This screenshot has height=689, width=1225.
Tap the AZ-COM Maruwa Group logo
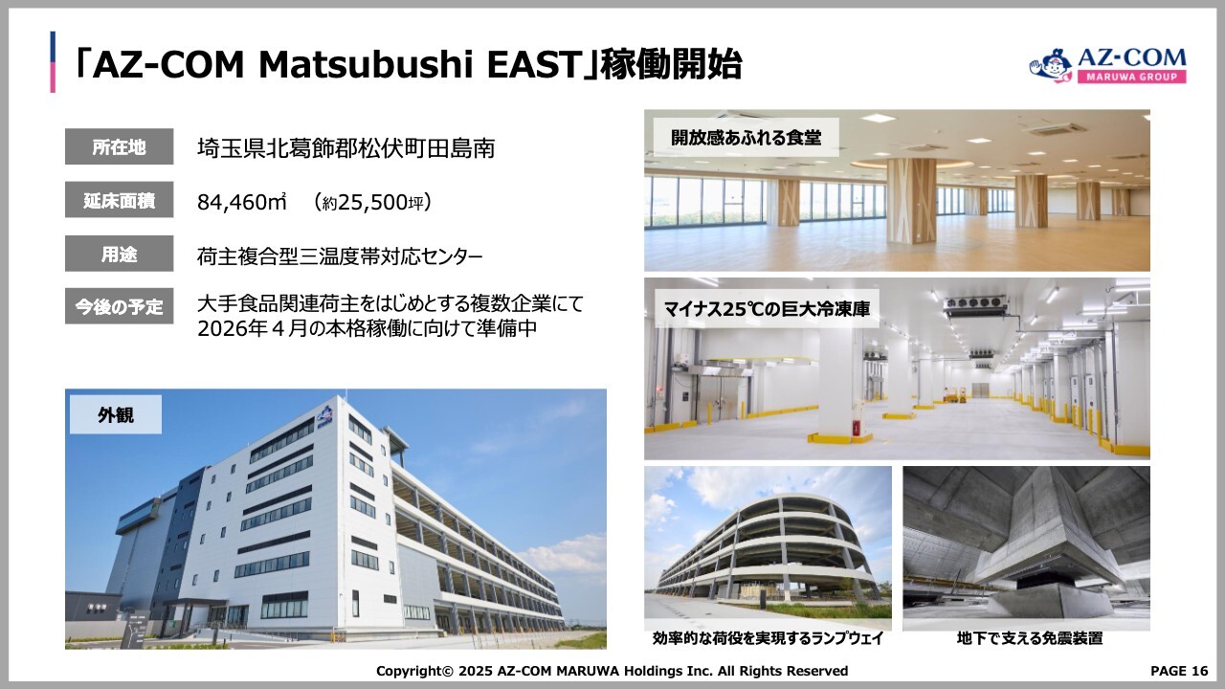pos(1107,66)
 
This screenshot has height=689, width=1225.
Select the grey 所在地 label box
pos(120,146)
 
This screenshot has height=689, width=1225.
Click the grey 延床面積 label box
pos(120,200)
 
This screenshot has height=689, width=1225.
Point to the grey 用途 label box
pos(120,254)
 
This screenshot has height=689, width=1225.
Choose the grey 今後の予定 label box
pos(120,306)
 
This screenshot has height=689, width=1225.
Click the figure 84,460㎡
pos(242,202)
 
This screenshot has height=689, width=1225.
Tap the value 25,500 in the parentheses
pos(373,202)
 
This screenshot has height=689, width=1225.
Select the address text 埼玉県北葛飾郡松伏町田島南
pos(345,148)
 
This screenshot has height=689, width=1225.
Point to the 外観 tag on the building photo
pos(116,415)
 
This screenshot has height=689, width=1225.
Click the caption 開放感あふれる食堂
pos(746,138)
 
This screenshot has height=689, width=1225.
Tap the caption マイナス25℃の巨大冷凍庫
pos(767,309)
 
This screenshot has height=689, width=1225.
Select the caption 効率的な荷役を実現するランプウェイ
pos(768,638)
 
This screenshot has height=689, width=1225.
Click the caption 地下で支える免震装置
pos(1029,638)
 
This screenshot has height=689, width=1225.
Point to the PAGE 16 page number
pos(1179,671)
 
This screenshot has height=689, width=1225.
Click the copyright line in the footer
pos(612,671)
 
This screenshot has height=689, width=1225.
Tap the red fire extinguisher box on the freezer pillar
pos(855,428)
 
